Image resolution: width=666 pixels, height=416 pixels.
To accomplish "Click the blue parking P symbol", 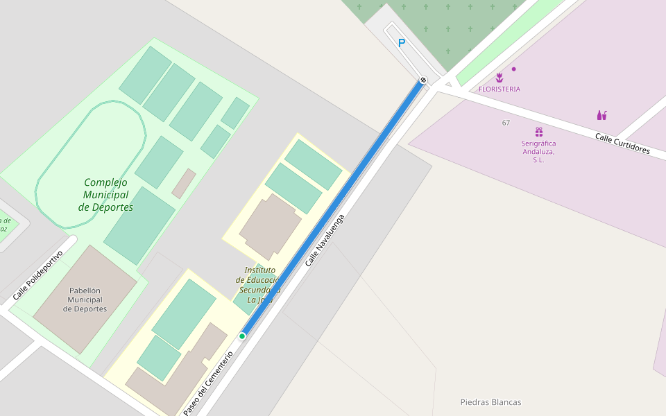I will click(401, 43).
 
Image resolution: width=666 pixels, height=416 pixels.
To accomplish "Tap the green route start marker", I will click(242, 336).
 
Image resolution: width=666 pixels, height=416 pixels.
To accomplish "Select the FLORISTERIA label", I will click(499, 89).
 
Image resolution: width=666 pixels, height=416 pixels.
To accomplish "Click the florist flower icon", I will click(499, 78).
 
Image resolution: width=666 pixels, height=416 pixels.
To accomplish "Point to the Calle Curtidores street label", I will click(622, 144).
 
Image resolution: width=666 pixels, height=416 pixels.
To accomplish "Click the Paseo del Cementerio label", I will click(208, 383).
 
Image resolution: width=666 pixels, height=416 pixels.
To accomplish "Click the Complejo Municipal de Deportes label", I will click(105, 195).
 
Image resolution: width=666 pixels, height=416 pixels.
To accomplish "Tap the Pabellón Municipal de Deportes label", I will click(85, 300).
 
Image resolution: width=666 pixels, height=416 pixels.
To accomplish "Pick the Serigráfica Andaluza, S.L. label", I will click(538, 151).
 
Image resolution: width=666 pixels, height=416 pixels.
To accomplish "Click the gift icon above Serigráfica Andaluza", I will click(538, 132).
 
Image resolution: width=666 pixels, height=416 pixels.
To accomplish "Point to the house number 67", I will click(506, 123).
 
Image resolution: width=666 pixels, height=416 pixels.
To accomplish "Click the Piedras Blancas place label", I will click(490, 402).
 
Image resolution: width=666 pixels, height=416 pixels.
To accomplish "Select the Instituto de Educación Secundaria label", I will click(258, 285).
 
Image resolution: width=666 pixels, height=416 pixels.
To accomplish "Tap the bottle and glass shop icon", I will click(601, 115).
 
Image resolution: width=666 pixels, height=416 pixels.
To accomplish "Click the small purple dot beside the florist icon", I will click(513, 69).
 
